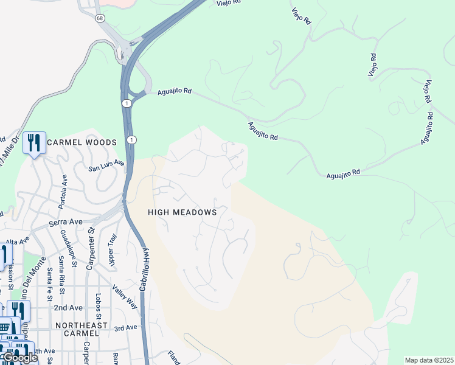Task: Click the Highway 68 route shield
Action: (99, 18)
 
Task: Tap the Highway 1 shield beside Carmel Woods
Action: (131, 140)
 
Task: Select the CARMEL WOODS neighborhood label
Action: (82, 142)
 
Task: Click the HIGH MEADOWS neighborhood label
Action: (182, 212)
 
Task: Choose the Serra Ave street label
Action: (67, 223)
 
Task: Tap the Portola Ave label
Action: (63, 192)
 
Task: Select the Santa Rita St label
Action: (61, 274)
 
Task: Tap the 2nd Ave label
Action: (68, 308)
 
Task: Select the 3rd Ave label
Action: (126, 328)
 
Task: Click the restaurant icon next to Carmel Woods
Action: (33, 144)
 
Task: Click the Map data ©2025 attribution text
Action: (428, 360)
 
